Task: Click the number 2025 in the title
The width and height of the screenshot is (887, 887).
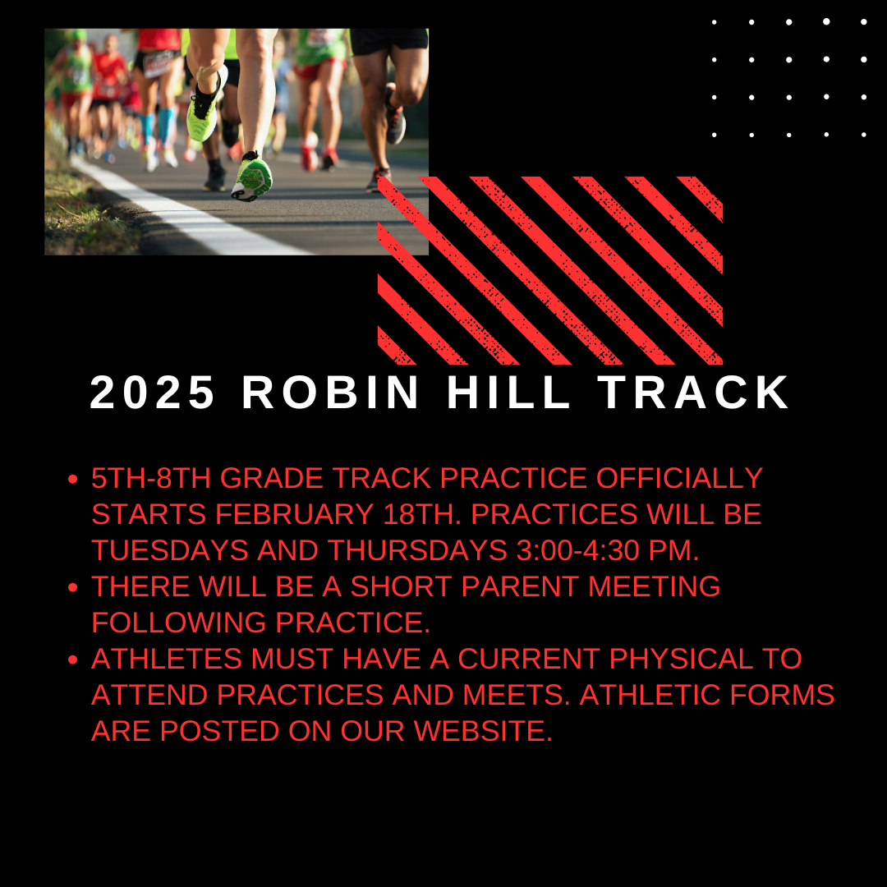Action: point(152,392)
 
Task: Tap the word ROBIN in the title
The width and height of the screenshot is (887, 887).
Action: point(330,392)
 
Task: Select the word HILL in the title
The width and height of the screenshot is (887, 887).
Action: point(508,392)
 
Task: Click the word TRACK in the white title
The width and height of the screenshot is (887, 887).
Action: point(693,392)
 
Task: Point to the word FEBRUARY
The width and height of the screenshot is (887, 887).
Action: point(294,514)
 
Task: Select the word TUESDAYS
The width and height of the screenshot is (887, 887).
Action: point(170,550)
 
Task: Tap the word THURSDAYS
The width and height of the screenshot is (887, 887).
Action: point(417,550)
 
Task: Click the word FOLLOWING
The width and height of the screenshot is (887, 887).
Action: point(179,623)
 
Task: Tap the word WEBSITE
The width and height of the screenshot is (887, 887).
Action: point(483,732)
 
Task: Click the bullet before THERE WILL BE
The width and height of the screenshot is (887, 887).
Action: point(72,588)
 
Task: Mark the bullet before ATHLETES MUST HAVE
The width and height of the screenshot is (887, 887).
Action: point(72,660)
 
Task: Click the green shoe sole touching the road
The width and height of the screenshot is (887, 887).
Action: point(252,177)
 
